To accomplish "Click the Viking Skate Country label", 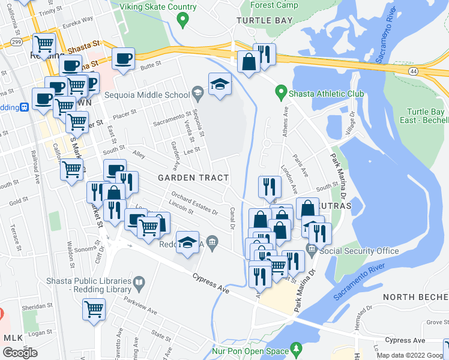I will [x=158, y=7].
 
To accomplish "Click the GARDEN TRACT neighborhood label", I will [x=193, y=178].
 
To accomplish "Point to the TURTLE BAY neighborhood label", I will [x=265, y=20].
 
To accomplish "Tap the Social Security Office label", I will [x=360, y=251].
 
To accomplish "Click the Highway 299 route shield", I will [x=16, y=41].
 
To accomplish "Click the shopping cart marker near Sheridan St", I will [x=94, y=310].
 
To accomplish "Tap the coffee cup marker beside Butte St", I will [x=124, y=59].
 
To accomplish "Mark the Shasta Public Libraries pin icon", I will [x=139, y=281].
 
